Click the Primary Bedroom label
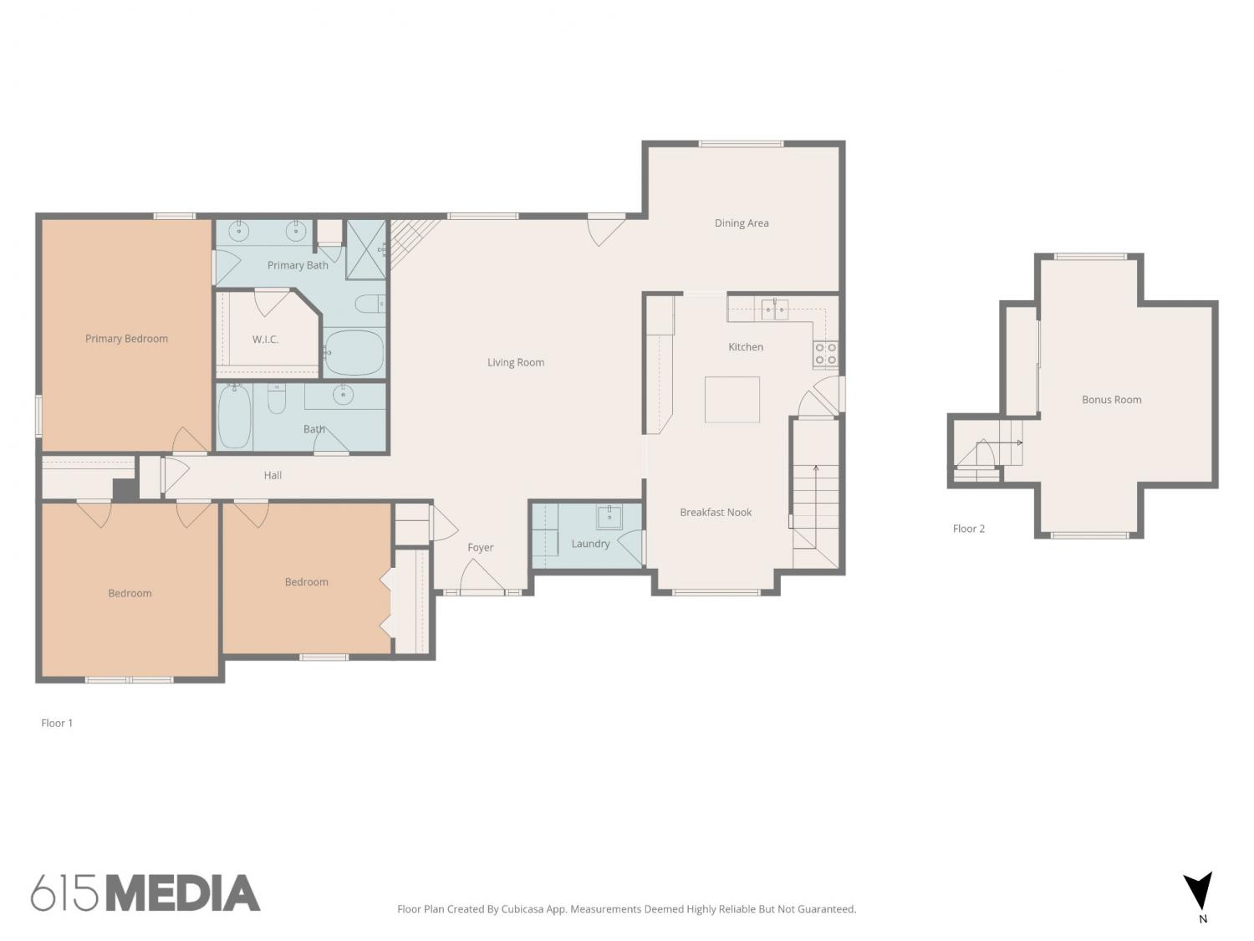point(126,339)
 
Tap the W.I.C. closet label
point(265,340)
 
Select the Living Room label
point(515,362)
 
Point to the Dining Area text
point(741,223)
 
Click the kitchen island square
point(731,399)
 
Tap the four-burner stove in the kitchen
point(825,354)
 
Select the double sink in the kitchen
point(775,309)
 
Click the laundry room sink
point(609,517)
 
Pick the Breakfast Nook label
point(716,513)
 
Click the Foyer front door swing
point(481,576)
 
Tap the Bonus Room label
point(1111,400)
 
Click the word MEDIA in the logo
point(183,893)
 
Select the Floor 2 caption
point(968,529)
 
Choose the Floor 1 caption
point(57,724)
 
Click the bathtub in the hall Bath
point(234,417)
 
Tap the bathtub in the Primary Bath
point(354,352)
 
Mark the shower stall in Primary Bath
point(366,249)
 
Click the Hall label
point(273,475)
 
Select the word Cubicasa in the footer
point(522,909)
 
